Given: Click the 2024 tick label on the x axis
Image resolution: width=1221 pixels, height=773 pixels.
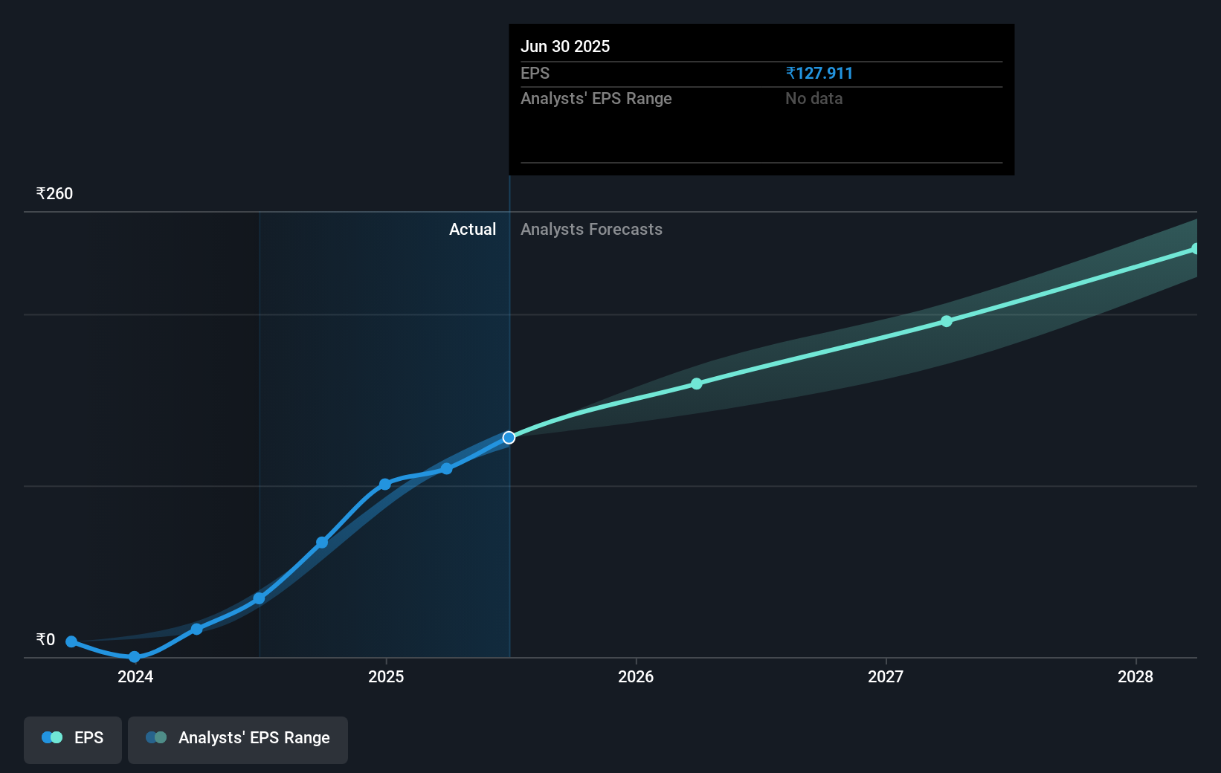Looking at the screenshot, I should [x=135, y=676].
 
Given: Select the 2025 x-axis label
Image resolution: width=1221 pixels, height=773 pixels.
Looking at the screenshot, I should [x=386, y=676].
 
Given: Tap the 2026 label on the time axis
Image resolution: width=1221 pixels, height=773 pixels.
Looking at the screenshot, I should [x=636, y=676].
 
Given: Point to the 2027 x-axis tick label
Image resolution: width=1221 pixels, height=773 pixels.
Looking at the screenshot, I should [x=886, y=676].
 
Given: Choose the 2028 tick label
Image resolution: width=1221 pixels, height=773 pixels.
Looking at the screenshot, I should [x=1135, y=676].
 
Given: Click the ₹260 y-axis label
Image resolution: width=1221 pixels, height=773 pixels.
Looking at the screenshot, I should [x=54, y=194].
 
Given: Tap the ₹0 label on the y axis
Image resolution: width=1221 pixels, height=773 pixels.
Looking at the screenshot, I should [x=45, y=640].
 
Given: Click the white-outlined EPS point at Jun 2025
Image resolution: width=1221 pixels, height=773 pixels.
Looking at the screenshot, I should [x=509, y=438].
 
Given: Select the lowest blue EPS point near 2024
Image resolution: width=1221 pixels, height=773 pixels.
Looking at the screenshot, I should [x=134, y=657].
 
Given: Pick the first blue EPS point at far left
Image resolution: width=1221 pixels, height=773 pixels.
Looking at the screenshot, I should [x=71, y=641].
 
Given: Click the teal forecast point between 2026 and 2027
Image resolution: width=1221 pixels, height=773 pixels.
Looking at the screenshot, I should [x=697, y=384].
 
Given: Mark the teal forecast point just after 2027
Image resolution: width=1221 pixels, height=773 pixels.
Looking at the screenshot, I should [x=947, y=321].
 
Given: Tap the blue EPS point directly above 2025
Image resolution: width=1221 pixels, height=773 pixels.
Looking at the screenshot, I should [x=385, y=484].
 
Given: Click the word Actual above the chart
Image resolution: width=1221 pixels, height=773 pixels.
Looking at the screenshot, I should [x=472, y=230].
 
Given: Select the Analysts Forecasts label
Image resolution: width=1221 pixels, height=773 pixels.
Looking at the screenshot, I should [x=591, y=230].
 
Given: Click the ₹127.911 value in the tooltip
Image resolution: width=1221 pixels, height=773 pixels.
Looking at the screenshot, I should [x=819, y=74].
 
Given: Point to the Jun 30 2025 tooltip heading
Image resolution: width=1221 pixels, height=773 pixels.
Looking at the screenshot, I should [x=565, y=47].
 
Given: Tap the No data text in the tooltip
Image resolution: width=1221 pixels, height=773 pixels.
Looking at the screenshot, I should [x=814, y=99].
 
